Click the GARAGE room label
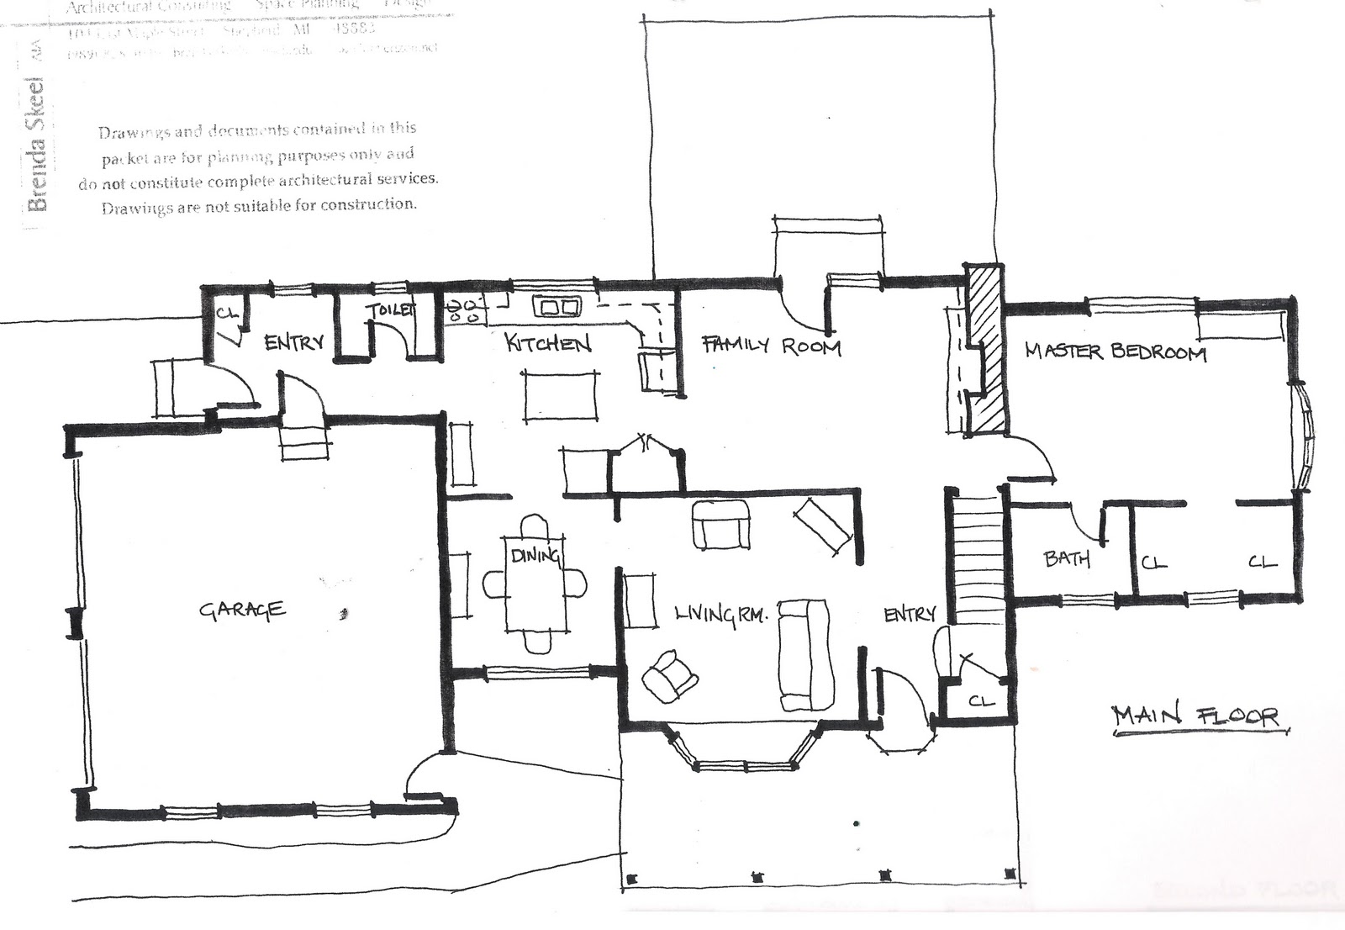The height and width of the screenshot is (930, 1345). click(x=241, y=609)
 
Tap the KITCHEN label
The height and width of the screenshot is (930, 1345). click(x=547, y=343)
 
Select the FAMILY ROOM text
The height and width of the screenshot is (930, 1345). click(x=771, y=346)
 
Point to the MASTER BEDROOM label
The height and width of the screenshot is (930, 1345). click(x=1116, y=351)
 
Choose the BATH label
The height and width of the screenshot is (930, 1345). click(x=1066, y=557)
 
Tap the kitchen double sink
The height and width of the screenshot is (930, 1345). click(x=557, y=307)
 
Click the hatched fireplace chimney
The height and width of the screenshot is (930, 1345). click(x=986, y=348)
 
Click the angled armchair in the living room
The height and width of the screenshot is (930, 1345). click(x=669, y=676)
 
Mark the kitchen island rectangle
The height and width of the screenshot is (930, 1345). click(x=562, y=394)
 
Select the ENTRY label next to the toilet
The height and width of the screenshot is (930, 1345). click(x=293, y=342)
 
